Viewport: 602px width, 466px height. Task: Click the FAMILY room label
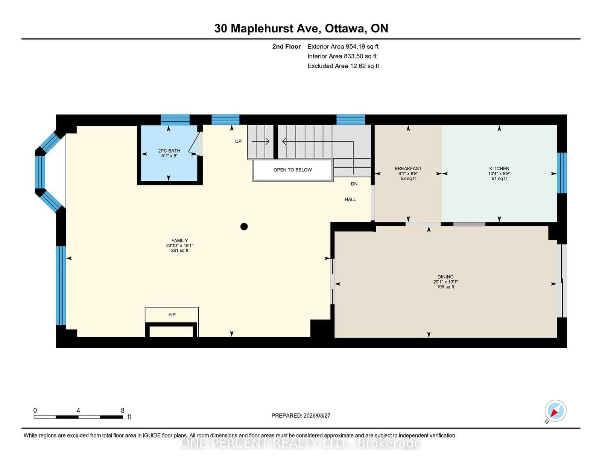tap(179, 240)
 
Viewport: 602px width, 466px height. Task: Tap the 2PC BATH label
tap(169, 151)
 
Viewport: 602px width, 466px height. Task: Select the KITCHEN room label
tap(499, 169)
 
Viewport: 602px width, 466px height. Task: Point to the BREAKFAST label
tap(408, 169)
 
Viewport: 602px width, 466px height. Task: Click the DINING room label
tap(445, 277)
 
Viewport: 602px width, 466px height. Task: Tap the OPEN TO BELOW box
tap(293, 170)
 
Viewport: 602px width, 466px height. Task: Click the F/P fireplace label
tap(172, 315)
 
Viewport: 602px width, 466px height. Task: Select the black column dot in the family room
tap(244, 227)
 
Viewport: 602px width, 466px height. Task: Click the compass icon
tap(555, 411)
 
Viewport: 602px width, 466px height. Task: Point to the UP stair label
tap(238, 142)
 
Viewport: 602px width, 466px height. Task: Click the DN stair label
tap(354, 184)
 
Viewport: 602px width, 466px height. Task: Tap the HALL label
tap(350, 199)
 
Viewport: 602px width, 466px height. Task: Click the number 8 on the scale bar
tap(122, 410)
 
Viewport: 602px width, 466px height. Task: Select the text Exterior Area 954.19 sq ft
tap(343, 47)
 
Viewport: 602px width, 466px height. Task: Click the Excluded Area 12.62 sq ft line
tap(343, 66)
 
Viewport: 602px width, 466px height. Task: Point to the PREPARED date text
tap(301, 416)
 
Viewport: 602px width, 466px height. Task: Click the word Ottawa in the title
tap(345, 29)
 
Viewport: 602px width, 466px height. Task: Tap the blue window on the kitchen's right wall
tap(561, 173)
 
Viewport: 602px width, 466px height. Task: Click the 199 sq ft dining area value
tap(445, 287)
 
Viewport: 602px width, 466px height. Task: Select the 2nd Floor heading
tap(286, 47)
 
